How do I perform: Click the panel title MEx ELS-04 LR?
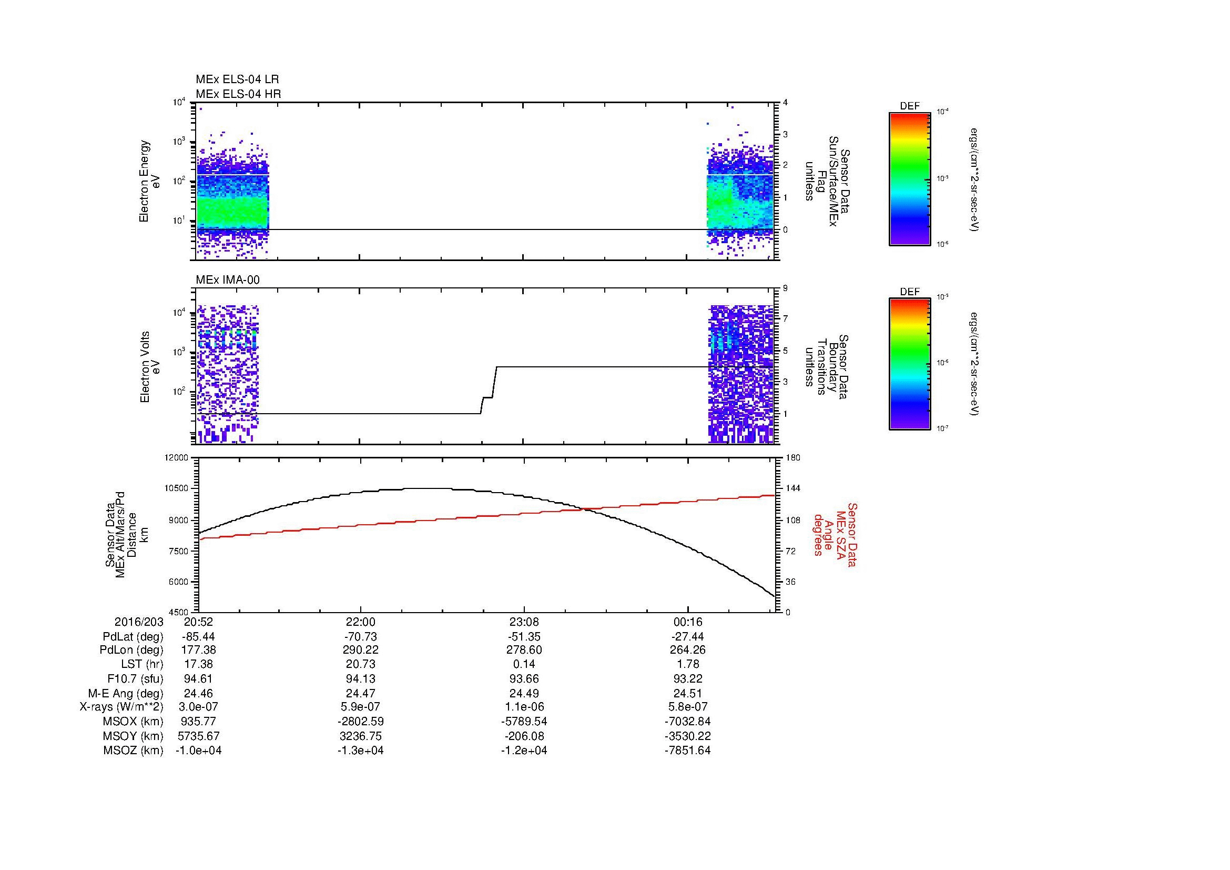click(x=237, y=79)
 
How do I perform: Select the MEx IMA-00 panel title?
click(x=227, y=280)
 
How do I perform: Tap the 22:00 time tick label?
click(x=361, y=622)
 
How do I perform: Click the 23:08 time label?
click(x=524, y=622)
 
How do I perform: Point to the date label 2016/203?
click(x=138, y=622)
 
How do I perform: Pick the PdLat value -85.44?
click(x=198, y=637)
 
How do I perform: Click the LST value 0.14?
click(x=524, y=665)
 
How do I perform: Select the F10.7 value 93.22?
click(x=687, y=678)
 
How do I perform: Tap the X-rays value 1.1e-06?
click(x=524, y=707)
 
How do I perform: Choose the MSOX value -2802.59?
click(x=361, y=722)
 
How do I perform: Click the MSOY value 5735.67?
click(x=198, y=736)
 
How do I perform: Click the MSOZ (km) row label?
click(x=133, y=751)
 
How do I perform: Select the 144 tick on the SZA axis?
click(x=794, y=488)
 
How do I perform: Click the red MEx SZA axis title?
click(x=835, y=534)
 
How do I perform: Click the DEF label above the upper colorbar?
click(x=910, y=106)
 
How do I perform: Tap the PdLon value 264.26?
click(x=687, y=650)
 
